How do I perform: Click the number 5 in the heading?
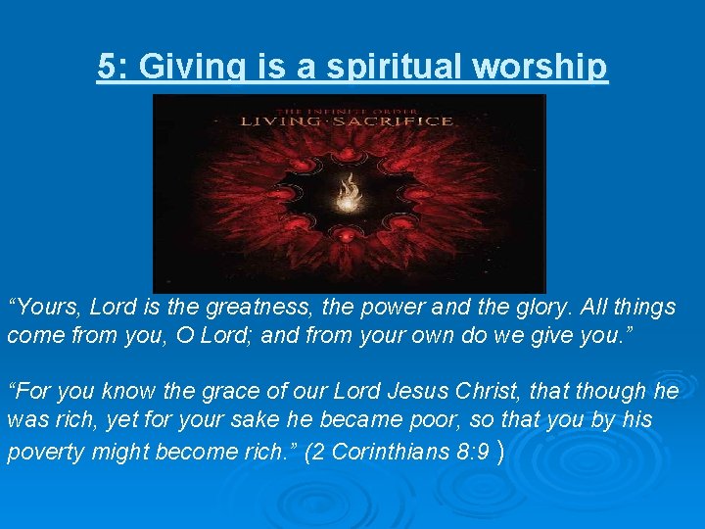tap(107, 67)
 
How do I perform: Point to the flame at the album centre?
tap(349, 194)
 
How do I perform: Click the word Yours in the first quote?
tap(48, 307)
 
